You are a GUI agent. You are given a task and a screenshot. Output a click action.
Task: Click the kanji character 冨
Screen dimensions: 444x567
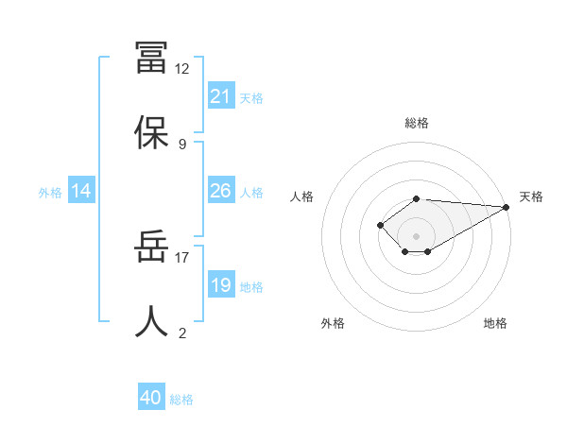tap(151, 58)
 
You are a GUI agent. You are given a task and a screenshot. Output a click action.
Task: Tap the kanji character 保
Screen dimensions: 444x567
tap(151, 133)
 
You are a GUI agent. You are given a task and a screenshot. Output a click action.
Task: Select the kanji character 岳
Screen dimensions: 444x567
tap(151, 247)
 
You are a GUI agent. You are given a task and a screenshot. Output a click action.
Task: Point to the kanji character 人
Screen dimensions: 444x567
tap(151, 322)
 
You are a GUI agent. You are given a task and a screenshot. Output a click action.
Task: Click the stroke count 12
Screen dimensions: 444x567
tap(182, 69)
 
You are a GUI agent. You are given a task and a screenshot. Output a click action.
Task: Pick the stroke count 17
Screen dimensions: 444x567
tap(182, 256)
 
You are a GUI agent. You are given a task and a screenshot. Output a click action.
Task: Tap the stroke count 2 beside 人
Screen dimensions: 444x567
tap(182, 333)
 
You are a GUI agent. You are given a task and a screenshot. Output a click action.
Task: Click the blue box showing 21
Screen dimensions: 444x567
tap(220, 95)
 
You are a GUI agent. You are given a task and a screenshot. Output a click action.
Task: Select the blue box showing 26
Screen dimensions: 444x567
tap(220, 191)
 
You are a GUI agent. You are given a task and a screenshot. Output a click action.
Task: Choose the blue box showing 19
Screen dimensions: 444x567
tap(220, 284)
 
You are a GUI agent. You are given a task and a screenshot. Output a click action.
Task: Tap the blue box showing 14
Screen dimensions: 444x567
tap(81, 191)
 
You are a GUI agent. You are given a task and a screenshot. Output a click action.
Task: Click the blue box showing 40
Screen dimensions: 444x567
tap(151, 398)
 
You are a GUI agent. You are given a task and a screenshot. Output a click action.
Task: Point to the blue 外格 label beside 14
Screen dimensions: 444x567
tap(50, 192)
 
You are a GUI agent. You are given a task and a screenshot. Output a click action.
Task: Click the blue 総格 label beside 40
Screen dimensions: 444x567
tap(181, 400)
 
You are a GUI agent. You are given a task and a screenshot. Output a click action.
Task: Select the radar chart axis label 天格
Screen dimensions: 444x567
tap(531, 196)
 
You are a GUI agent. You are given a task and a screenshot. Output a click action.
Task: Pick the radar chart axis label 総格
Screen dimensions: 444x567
tap(417, 123)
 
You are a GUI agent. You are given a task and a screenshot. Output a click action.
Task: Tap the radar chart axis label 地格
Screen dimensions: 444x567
tap(495, 323)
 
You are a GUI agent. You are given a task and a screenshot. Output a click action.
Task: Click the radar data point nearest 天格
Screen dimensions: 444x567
tap(507, 207)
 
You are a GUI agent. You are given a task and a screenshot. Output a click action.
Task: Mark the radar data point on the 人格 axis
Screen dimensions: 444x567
tap(380, 225)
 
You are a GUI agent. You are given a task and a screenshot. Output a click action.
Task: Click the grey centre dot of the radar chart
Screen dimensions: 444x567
tap(417, 235)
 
